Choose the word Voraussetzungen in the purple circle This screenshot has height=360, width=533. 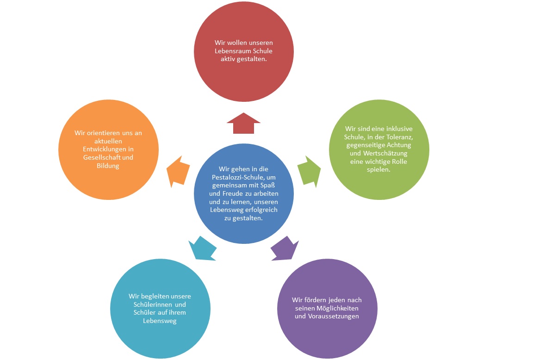333,317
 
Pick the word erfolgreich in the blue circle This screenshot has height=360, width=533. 257,210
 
